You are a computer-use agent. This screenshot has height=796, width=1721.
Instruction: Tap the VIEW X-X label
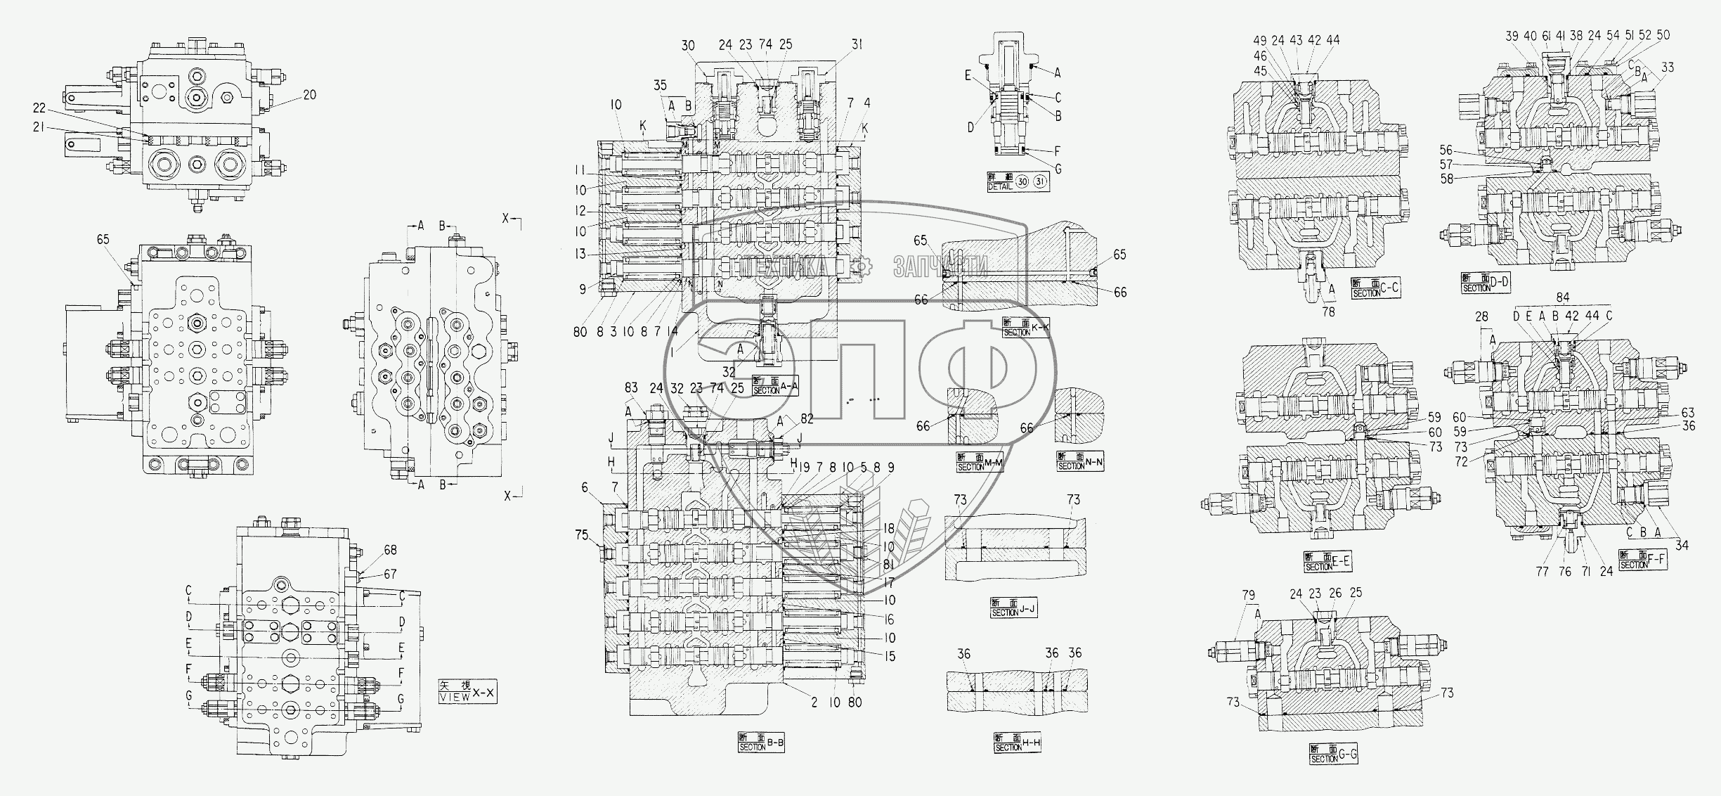[467, 693]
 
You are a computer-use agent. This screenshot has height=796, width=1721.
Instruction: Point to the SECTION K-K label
[1027, 328]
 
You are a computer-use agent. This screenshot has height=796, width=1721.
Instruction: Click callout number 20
[309, 95]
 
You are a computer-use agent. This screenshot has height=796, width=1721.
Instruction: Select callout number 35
[661, 86]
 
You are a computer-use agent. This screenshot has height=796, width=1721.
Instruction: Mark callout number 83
[632, 387]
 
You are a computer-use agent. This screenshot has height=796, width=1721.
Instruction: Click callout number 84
[1562, 297]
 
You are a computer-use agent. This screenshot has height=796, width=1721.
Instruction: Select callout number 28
[1481, 318]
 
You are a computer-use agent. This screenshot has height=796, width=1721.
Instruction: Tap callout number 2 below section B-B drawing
[814, 702]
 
